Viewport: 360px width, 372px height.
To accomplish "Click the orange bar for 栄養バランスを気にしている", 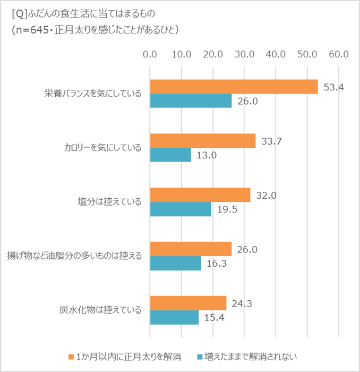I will pyautogui.click(x=234, y=87).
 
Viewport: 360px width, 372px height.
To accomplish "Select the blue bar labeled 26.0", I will pyautogui.click(x=191, y=101).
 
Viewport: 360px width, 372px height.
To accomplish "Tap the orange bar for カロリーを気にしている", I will pyautogui.click(x=203, y=141).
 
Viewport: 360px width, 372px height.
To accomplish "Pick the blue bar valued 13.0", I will pyautogui.click(x=170, y=155).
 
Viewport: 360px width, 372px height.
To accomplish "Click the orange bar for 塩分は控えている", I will pyautogui.click(x=200, y=195).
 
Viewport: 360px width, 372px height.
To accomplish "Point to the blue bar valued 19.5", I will pyautogui.click(x=181, y=209).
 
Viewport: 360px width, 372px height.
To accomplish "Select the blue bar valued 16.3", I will pyautogui.click(x=175, y=263).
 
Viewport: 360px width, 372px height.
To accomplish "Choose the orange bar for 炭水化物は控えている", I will pyautogui.click(x=188, y=303).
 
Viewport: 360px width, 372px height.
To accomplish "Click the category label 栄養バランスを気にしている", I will pyautogui.click(x=93, y=94).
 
